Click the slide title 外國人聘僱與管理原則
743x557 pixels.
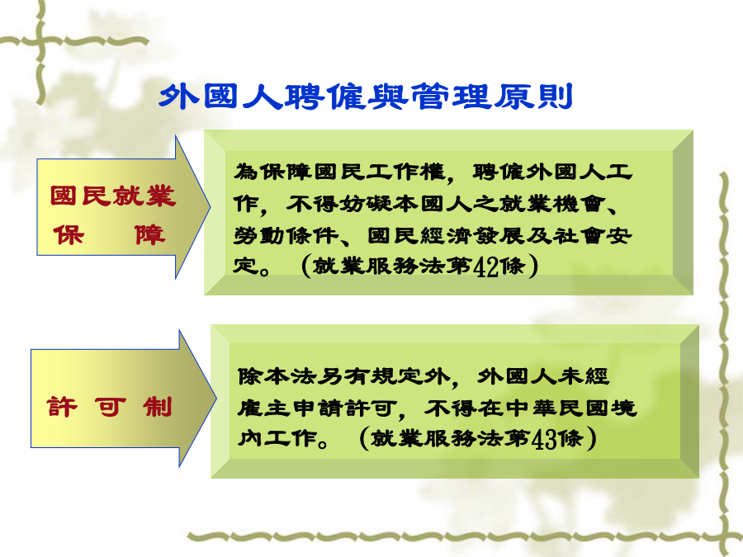pyautogui.click(x=366, y=97)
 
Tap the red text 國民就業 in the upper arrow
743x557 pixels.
pyautogui.click(x=113, y=196)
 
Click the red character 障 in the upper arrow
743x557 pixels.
pyautogui.click(x=149, y=235)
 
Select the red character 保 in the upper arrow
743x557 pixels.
pyautogui.click(x=69, y=235)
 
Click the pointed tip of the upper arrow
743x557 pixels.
pyautogui.click(x=210, y=207)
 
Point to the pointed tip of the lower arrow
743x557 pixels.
pyautogui.click(x=216, y=399)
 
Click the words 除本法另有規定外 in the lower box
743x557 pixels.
pyautogui.click(x=343, y=376)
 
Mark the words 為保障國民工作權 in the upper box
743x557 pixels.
pyautogui.click(x=339, y=172)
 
